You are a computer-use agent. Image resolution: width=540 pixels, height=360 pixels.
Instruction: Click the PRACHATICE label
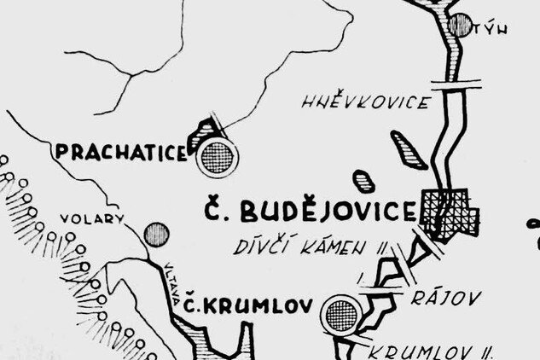pyautogui.click(x=121, y=153)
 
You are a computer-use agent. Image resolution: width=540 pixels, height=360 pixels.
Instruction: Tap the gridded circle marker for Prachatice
pyautogui.click(x=217, y=157)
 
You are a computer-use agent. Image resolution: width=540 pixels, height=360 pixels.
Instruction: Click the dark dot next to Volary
pyautogui.click(x=156, y=234)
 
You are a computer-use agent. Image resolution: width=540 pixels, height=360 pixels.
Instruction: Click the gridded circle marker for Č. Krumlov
pyautogui.click(x=341, y=315)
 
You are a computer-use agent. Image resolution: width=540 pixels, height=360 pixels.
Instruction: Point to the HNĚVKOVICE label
pyautogui.click(x=365, y=103)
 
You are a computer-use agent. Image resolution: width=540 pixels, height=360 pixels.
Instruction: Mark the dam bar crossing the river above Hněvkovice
pyautogui.click(x=456, y=84)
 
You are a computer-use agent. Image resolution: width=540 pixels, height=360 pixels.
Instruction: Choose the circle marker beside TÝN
pyautogui.click(x=462, y=24)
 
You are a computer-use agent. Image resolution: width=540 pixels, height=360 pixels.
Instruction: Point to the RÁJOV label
pyautogui.click(x=446, y=298)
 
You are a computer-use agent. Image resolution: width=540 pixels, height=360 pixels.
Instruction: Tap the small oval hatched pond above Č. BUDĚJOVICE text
pyautogui.click(x=364, y=182)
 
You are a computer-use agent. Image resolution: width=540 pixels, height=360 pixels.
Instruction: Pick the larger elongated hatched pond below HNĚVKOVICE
pyautogui.click(x=409, y=149)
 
